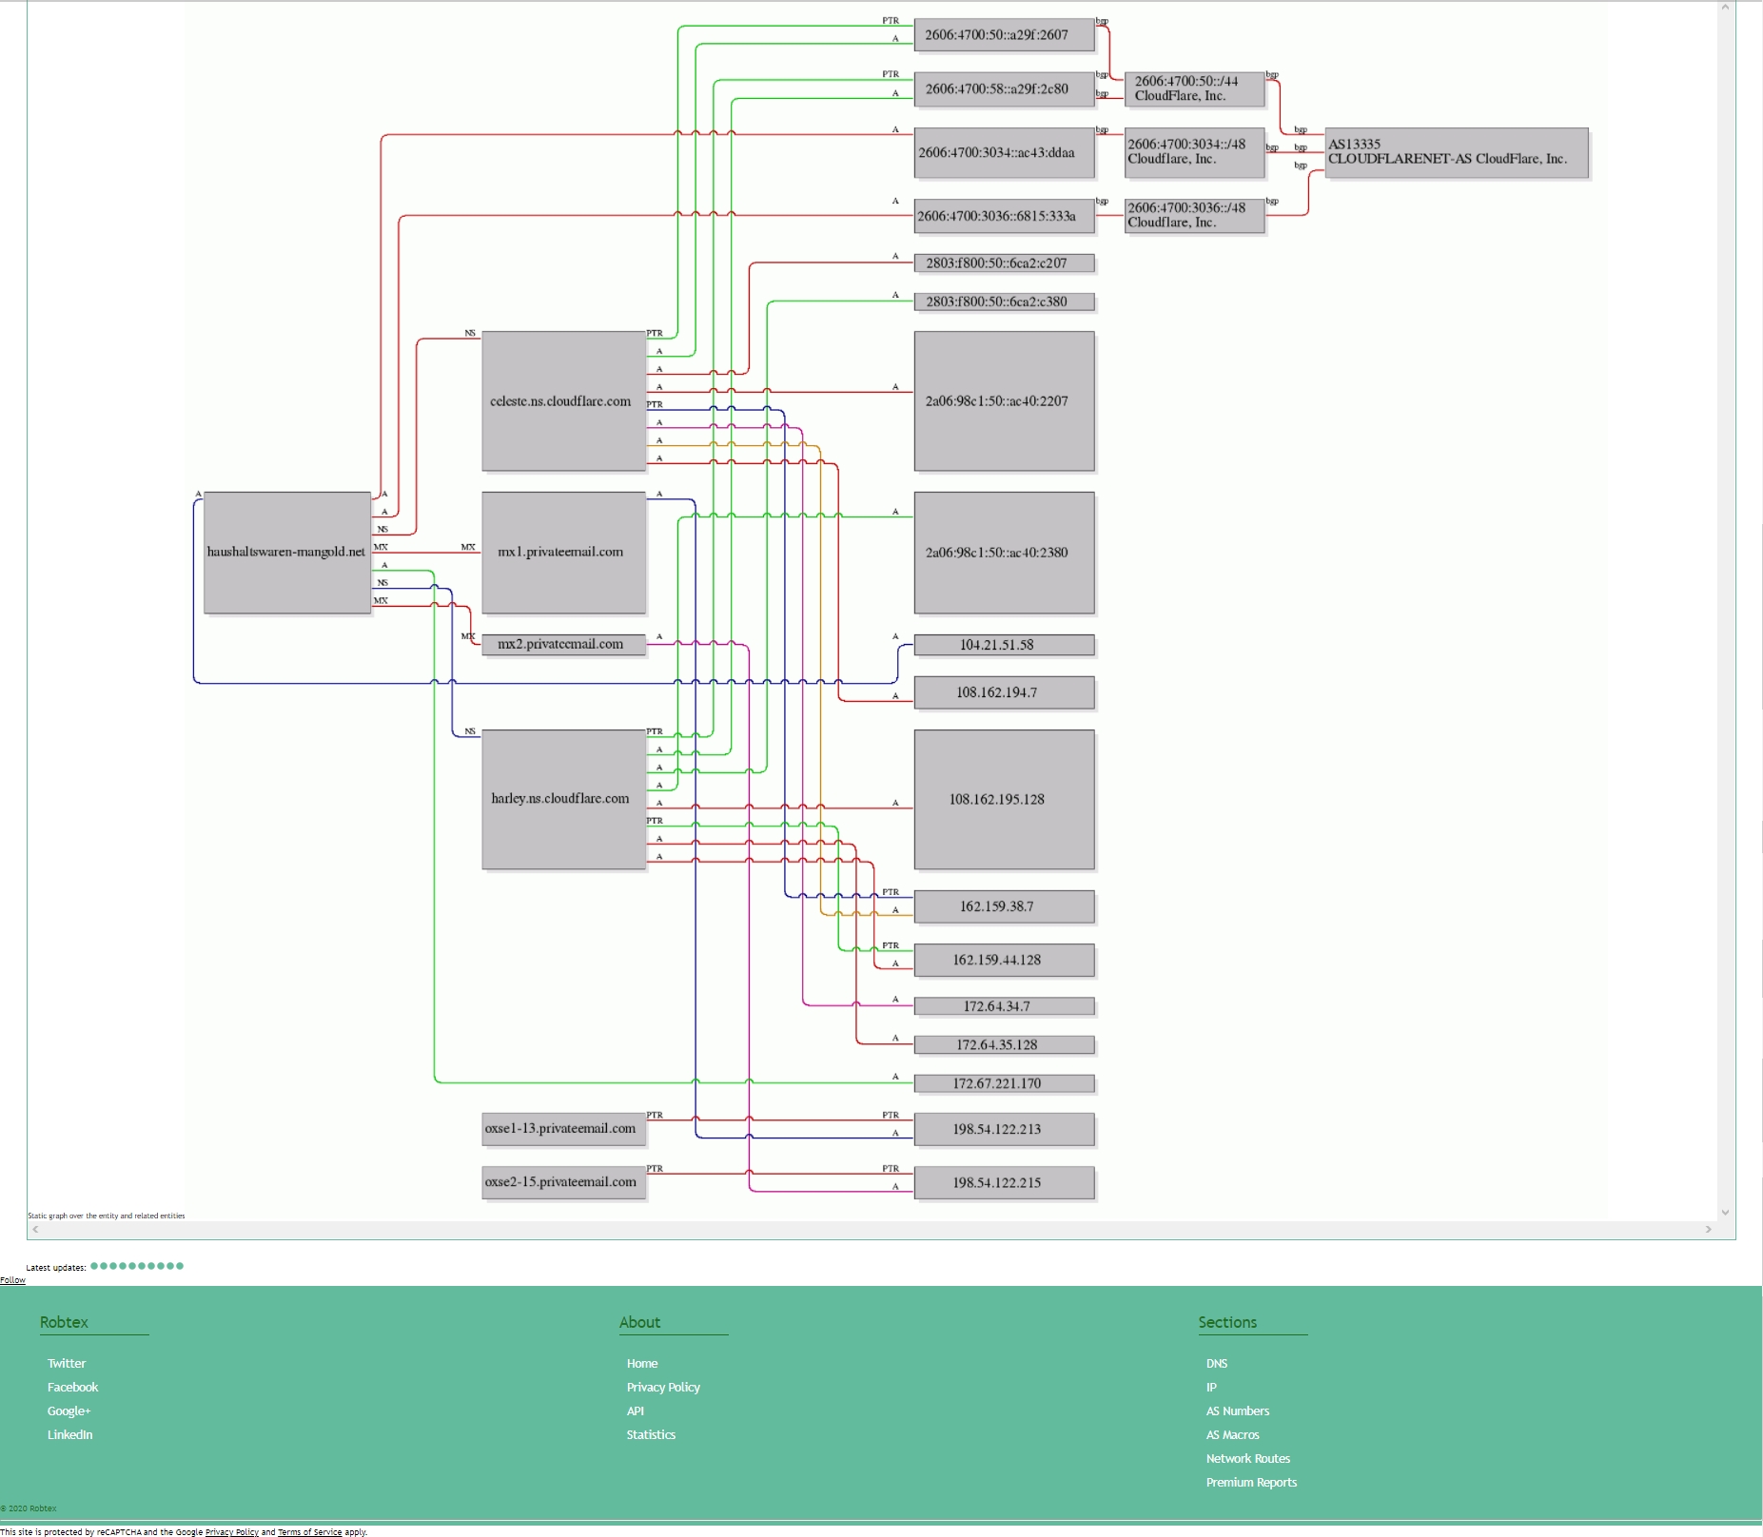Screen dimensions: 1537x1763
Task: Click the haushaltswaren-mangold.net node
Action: (x=286, y=553)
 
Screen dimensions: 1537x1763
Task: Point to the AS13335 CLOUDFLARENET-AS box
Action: (x=1456, y=152)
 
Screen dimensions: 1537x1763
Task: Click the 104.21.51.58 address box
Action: (x=1004, y=645)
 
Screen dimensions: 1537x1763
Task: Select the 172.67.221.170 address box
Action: (x=1004, y=1083)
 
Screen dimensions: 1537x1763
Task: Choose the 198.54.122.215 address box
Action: (x=1004, y=1183)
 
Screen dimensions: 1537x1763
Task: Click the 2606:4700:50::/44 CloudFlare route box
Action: (x=1194, y=89)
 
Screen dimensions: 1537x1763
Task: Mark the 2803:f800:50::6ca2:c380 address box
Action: (x=1004, y=302)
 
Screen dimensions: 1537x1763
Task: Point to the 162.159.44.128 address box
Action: (x=1004, y=961)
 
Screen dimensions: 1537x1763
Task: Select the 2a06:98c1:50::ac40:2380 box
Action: (x=1004, y=553)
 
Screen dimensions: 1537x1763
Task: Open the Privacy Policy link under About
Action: (x=663, y=1388)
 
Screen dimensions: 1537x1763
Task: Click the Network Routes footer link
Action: (x=1247, y=1459)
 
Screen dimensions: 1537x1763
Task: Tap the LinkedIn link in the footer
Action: (x=70, y=1435)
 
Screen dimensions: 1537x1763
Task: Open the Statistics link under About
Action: (x=651, y=1435)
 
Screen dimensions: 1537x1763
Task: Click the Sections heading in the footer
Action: (x=1227, y=1323)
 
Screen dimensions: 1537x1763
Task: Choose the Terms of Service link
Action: (x=309, y=1532)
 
